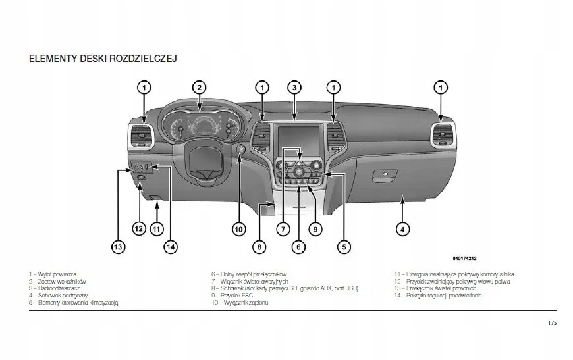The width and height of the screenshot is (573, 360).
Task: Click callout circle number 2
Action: point(199,87)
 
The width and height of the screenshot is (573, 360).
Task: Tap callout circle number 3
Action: point(294,87)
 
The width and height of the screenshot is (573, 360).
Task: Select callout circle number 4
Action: point(402,229)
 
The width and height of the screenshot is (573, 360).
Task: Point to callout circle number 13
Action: point(117,247)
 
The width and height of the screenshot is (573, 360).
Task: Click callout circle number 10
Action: point(238,229)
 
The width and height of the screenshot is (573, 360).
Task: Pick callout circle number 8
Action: point(260,247)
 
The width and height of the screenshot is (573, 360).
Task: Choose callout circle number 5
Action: point(344,247)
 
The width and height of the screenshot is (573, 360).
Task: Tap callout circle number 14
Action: point(171,247)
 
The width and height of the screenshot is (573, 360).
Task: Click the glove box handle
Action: point(385,175)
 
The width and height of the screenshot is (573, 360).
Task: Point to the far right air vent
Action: point(442,136)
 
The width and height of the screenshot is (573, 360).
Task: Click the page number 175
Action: point(552,323)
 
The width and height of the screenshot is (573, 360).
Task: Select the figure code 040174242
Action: point(464,258)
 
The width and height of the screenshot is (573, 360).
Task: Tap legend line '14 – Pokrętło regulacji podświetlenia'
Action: point(437,296)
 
